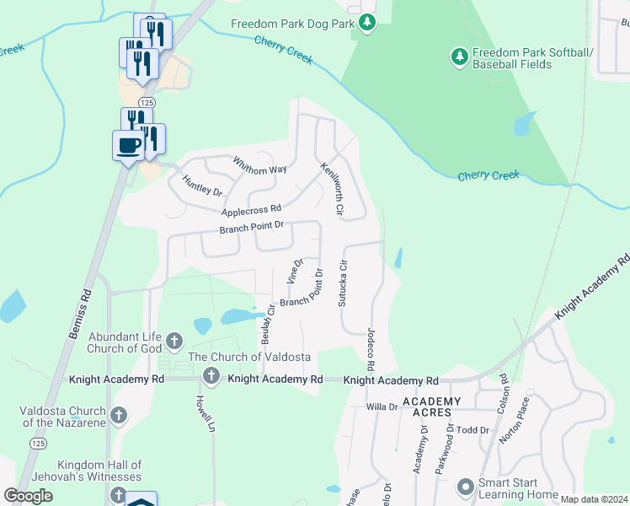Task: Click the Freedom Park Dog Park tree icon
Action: pyautogui.click(x=366, y=24)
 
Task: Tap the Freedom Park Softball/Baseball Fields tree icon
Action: pyautogui.click(x=459, y=57)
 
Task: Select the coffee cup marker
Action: pyautogui.click(x=129, y=145)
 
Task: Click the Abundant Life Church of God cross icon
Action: pyautogui.click(x=174, y=342)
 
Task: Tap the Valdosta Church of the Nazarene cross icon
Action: pyautogui.click(x=119, y=415)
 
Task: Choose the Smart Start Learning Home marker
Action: pyautogui.click(x=465, y=487)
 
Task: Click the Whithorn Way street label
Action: pyautogui.click(x=259, y=164)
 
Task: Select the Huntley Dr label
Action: pyautogui.click(x=201, y=185)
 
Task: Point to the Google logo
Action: pyautogui.click(x=29, y=496)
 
